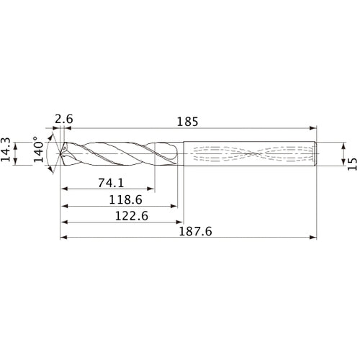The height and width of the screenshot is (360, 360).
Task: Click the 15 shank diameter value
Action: [351, 164]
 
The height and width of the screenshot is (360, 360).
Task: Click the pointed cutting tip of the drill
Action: [59, 153]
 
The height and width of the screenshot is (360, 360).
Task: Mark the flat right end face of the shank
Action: [318, 153]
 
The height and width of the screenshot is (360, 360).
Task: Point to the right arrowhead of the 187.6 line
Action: [315, 238]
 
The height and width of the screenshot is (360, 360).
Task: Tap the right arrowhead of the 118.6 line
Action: [175, 206]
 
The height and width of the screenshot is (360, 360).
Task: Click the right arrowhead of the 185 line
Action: [315, 128]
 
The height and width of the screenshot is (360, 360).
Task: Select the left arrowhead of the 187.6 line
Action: [63, 238]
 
